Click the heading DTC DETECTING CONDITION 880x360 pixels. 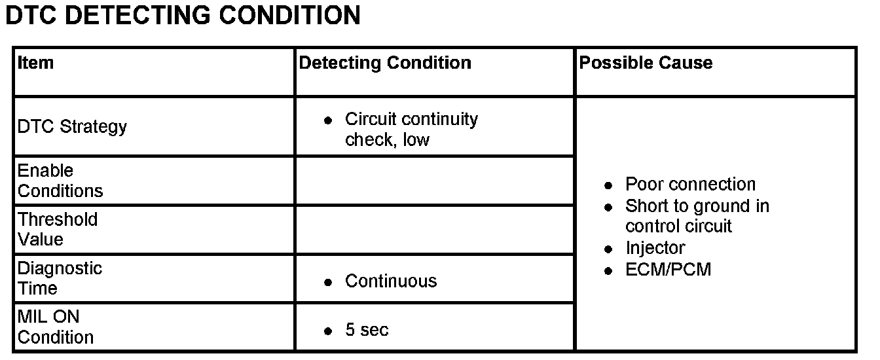tap(183, 15)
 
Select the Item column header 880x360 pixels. tap(35, 63)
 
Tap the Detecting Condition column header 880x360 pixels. tap(385, 63)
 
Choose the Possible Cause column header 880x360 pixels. tap(646, 63)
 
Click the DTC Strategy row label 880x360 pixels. tap(72, 126)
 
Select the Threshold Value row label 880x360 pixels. tap(57, 229)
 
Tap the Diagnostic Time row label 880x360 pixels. tap(60, 278)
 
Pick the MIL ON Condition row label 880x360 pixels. tap(55, 327)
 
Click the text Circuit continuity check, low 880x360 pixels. tap(411, 129)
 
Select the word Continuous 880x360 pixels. tap(391, 281)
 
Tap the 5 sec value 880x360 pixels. tap(367, 330)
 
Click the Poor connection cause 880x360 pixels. tap(690, 185)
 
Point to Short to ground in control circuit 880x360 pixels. tap(697, 216)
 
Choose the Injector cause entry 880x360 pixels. tap(655, 248)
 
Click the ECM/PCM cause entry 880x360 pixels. tap(668, 270)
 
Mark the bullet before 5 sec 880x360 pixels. tap(328, 331)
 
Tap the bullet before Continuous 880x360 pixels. tap(328, 283)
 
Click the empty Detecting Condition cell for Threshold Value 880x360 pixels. tap(435, 230)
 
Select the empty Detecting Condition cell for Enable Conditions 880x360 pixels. tap(435, 181)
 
